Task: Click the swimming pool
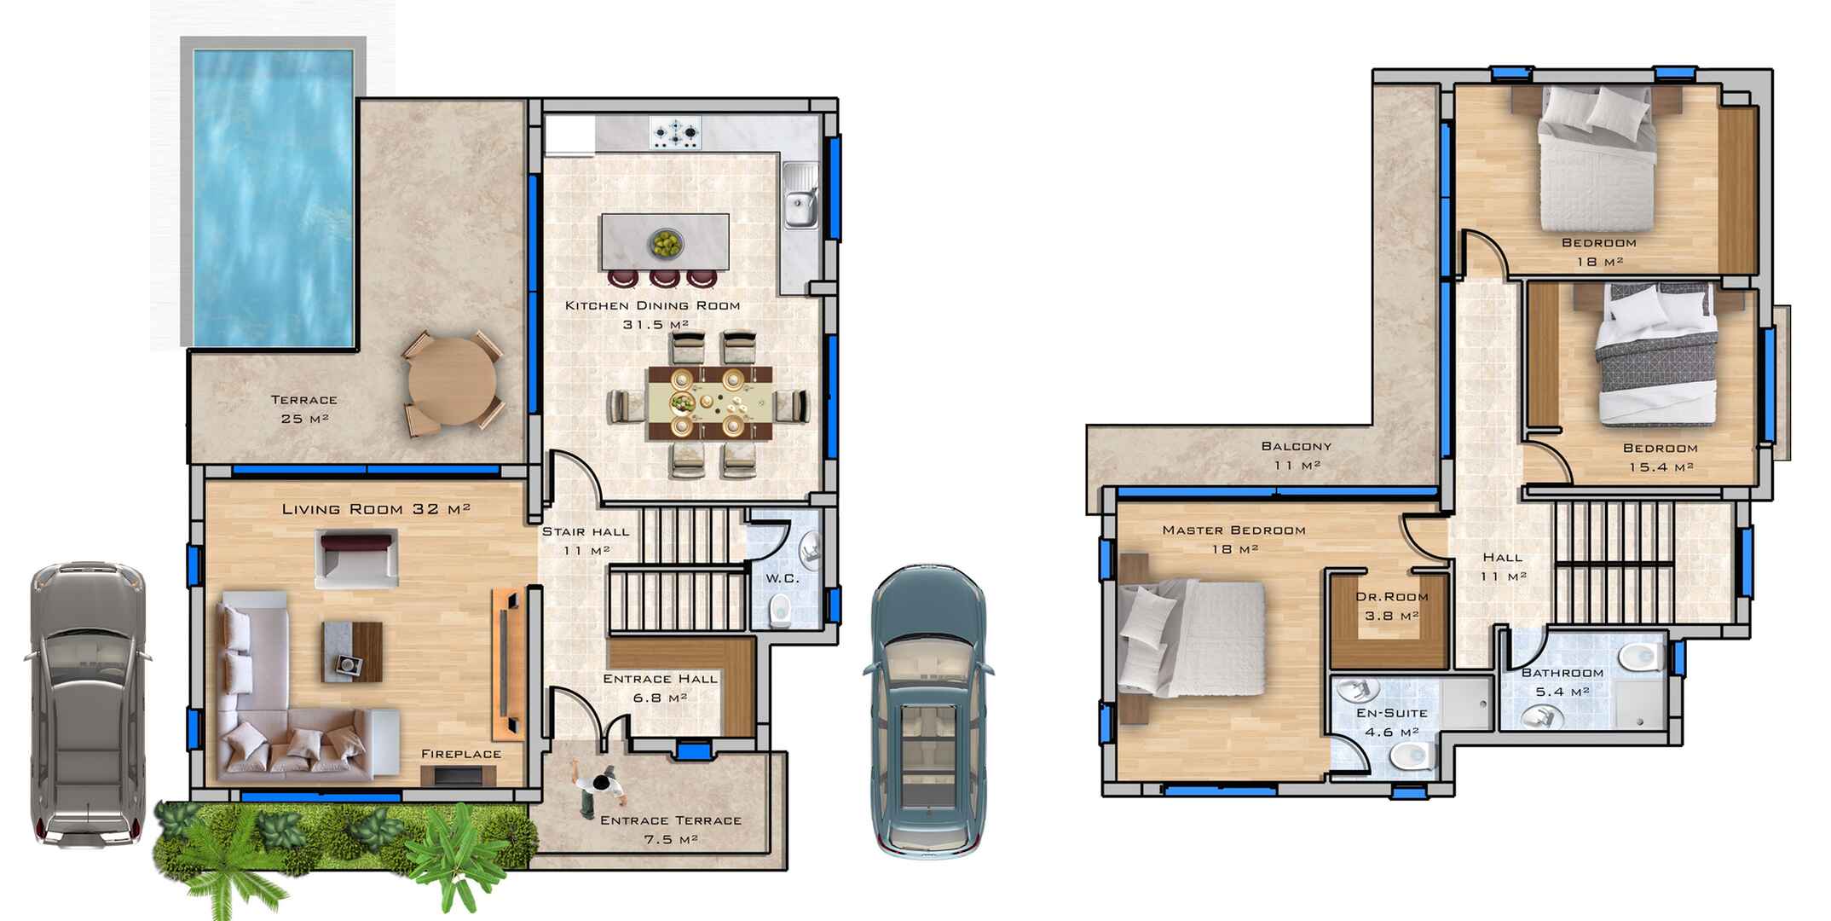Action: click(x=274, y=197)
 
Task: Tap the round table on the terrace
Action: click(x=452, y=381)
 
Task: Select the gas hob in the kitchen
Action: click(x=676, y=131)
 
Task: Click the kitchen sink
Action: click(x=801, y=198)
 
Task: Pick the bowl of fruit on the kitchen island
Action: click(x=665, y=243)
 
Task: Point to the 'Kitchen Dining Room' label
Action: click(x=653, y=305)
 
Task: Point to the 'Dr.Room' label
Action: click(x=1392, y=597)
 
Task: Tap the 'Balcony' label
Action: click(x=1296, y=446)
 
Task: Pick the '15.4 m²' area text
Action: click(x=1661, y=467)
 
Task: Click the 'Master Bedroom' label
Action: click(x=1233, y=530)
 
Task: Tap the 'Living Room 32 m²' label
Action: click(x=376, y=509)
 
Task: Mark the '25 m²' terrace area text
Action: click(x=304, y=419)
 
